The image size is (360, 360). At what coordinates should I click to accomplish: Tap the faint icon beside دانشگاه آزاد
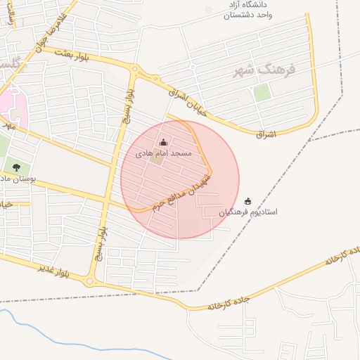coord(209,9)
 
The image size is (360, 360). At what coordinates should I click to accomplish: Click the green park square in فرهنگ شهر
coord(262,92)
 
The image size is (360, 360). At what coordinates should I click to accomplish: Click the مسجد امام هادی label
coord(164,153)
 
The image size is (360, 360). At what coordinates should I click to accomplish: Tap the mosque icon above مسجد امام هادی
coord(164,142)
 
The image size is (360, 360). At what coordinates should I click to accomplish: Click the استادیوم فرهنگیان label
coord(247,212)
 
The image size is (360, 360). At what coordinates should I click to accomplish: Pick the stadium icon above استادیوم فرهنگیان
coord(247,201)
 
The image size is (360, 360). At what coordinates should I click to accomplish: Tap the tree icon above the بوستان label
coord(16,167)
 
